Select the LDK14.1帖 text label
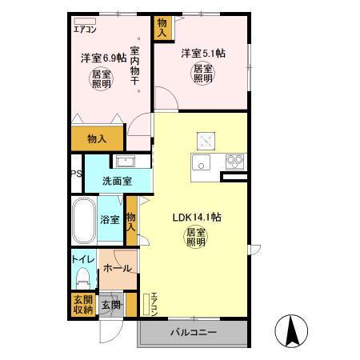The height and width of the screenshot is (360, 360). [197, 217]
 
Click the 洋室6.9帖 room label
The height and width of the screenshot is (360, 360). [103, 58]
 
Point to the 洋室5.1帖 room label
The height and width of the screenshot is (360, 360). [202, 54]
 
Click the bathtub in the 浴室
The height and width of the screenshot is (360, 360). [83, 222]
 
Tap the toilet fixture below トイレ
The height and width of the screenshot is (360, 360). [83, 276]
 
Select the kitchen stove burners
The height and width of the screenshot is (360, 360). [234, 161]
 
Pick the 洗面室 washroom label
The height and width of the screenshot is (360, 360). [117, 181]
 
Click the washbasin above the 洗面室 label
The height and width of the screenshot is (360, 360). [126, 161]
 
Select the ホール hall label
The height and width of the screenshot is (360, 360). [118, 270]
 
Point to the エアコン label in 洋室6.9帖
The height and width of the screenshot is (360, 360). [86, 29]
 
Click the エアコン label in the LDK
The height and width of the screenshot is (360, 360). [154, 303]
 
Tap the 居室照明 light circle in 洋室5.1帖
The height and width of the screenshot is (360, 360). [202, 74]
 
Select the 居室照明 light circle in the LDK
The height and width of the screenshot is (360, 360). [196, 238]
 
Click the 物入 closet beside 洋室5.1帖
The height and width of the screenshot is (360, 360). [162, 29]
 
